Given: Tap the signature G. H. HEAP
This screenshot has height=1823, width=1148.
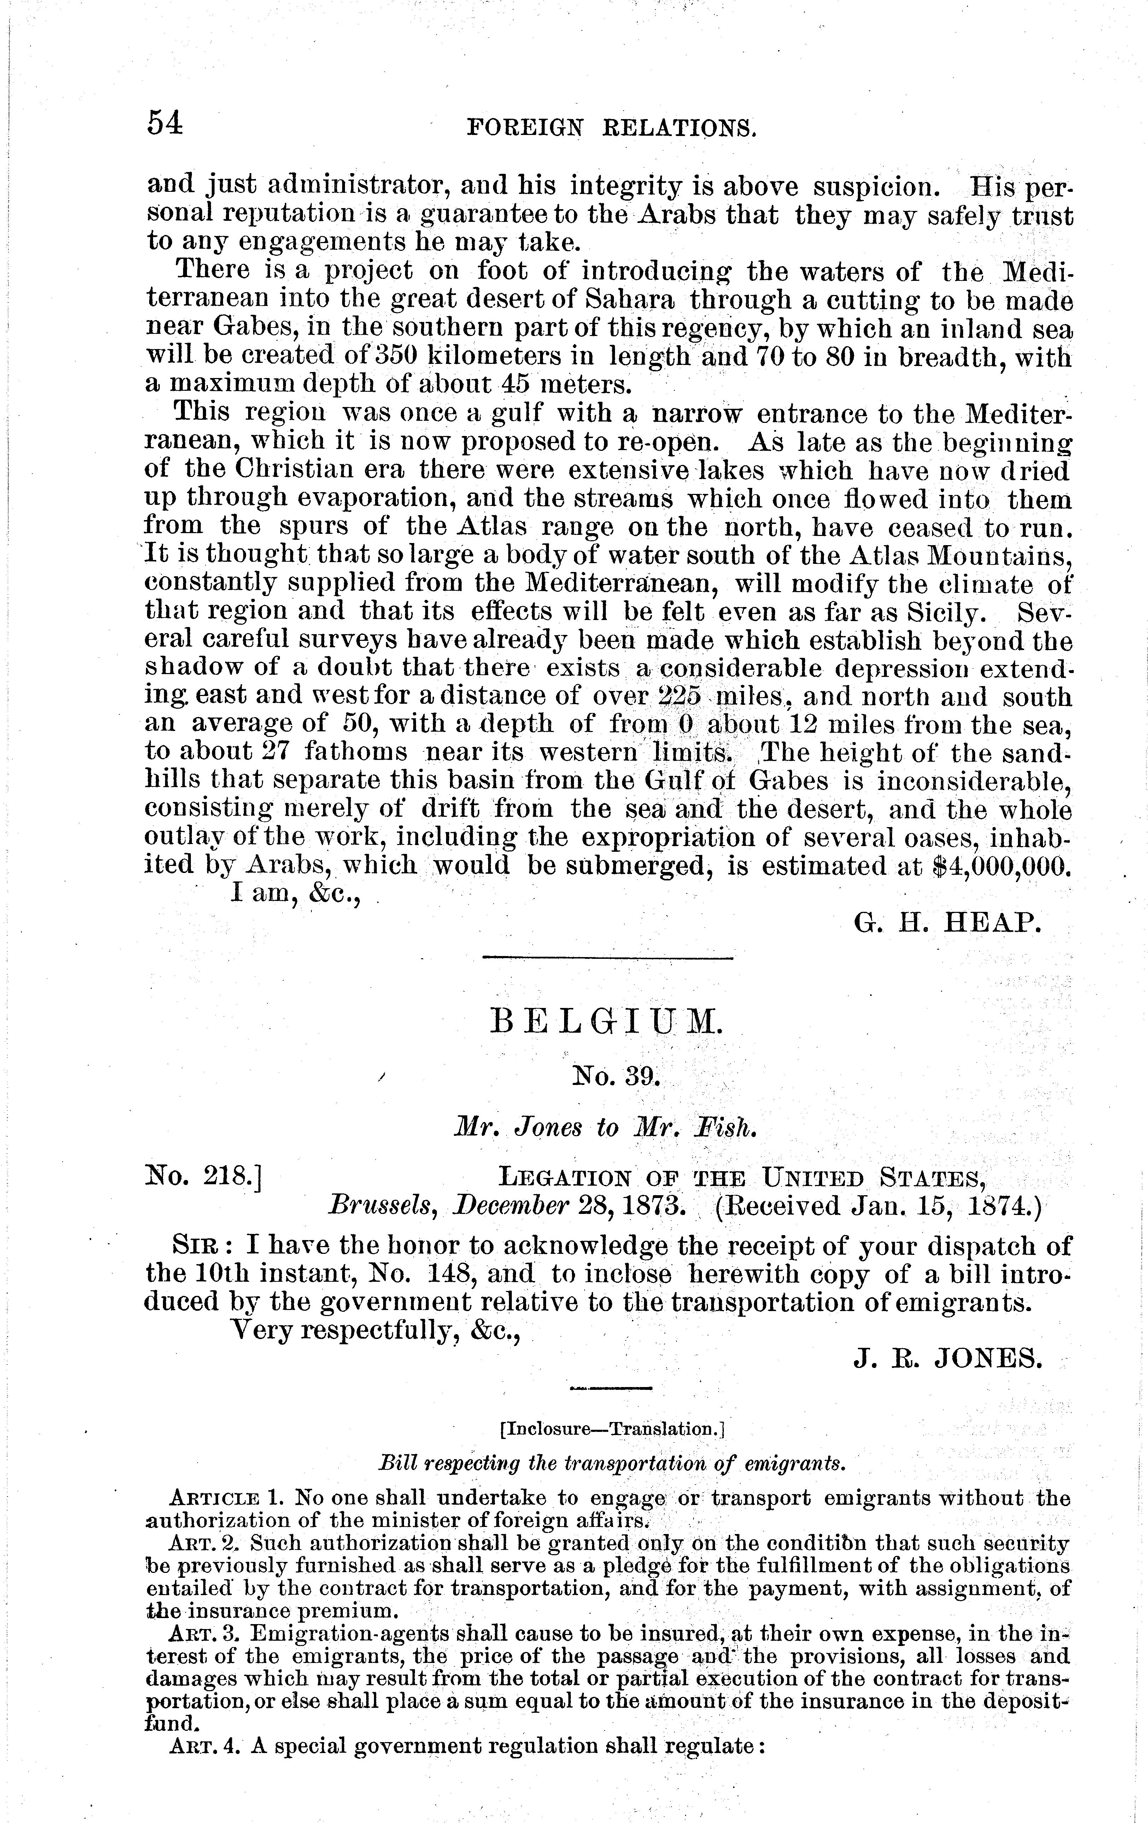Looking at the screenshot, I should (943, 922).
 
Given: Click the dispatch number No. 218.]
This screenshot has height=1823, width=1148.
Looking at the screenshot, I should (203, 1178).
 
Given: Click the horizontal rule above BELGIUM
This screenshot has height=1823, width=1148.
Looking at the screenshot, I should (607, 959).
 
